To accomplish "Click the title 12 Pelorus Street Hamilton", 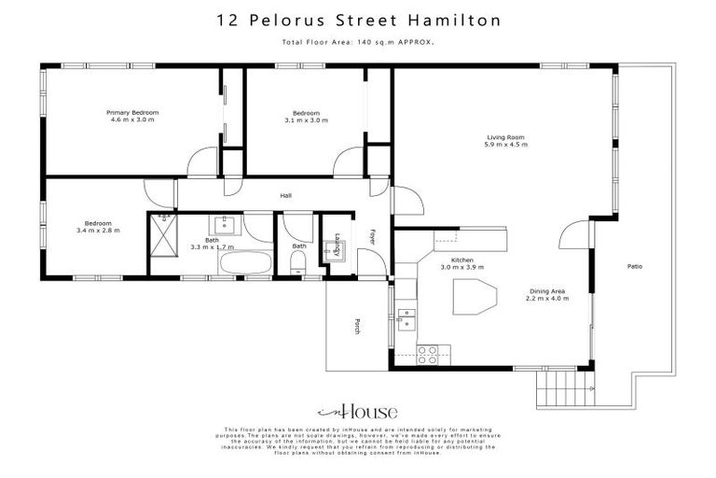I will point(358,20).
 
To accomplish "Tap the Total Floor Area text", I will point(358,43).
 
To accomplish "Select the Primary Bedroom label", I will point(131,112).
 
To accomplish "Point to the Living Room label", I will point(505,137).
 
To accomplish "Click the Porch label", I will point(356,326).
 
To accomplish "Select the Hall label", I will point(287,195).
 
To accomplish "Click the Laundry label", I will point(328,239).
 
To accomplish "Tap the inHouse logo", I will point(358,411).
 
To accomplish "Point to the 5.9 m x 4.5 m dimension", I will point(505,146).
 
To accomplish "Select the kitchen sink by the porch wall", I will point(406,318).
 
